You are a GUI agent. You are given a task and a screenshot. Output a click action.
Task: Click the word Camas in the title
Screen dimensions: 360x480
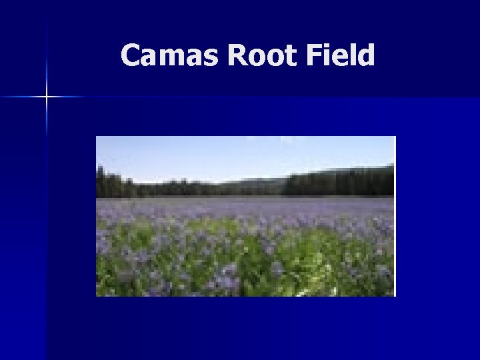(171, 55)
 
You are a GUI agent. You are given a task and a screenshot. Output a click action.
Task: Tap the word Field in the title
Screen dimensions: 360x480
(343, 55)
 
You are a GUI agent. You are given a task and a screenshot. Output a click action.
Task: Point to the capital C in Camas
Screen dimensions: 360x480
(132, 56)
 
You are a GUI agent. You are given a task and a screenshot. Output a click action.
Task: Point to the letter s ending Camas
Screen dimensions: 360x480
(213, 59)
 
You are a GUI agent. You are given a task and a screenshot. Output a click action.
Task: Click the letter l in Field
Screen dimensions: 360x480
(354, 55)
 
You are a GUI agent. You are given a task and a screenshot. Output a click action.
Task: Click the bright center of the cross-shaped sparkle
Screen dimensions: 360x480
(47, 97)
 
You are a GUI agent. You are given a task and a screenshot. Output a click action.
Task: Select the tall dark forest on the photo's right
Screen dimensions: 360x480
(347, 183)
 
